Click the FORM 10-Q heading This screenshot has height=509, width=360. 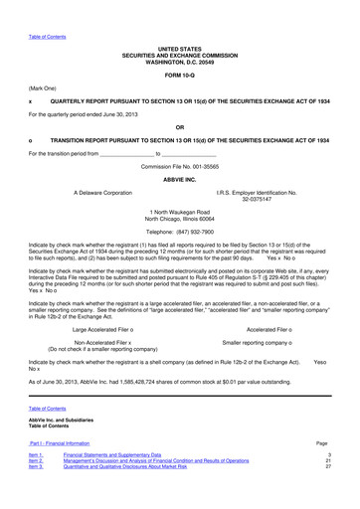tap(179, 75)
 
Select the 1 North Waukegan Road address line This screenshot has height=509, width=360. tap(179, 211)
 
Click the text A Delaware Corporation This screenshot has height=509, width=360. tap(102, 190)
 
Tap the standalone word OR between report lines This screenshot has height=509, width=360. tap(179, 127)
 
